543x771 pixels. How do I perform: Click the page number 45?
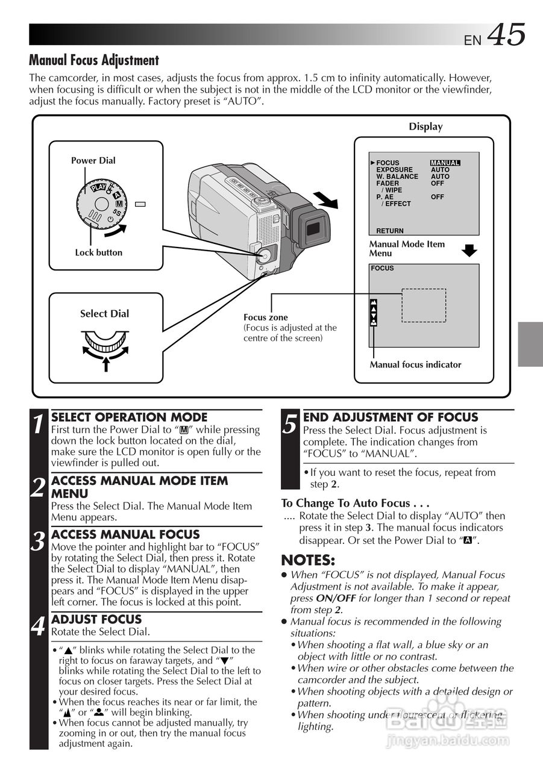506,35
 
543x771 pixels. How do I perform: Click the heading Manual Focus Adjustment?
94,60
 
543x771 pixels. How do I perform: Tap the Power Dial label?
93,160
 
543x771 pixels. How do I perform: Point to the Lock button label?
98,252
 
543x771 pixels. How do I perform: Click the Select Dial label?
104,313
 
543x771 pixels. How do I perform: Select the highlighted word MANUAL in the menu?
445,163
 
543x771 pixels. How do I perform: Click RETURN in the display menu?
390,231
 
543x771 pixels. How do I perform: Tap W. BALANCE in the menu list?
397,176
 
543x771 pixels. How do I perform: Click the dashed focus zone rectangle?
424,305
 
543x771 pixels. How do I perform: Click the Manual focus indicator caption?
415,364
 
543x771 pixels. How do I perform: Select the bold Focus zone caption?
265,317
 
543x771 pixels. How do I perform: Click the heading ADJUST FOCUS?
96,619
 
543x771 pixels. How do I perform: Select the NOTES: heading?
308,560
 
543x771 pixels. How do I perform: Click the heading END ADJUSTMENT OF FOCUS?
391,417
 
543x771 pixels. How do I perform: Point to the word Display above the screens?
425,126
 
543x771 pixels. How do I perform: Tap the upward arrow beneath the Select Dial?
106,363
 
